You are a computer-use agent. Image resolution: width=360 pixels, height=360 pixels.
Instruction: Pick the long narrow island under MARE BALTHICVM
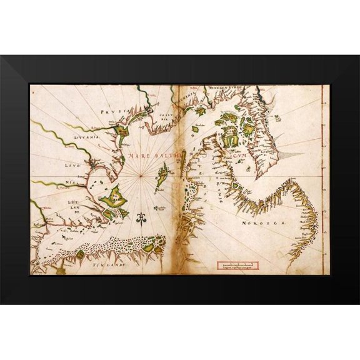pos(163,173)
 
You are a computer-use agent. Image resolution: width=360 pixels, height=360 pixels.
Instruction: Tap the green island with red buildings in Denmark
pos(231,131)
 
